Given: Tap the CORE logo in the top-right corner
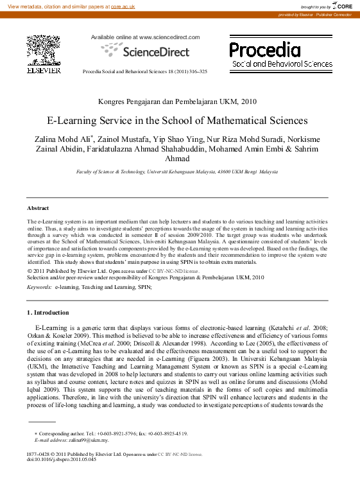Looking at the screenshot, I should tap(343, 6).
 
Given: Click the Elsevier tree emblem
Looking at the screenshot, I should tap(43, 49).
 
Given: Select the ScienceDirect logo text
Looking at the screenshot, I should tap(146, 51).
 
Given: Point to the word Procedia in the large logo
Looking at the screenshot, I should tap(264, 49).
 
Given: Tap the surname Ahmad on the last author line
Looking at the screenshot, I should tap(178, 159).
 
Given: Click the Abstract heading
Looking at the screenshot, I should tap(38, 208).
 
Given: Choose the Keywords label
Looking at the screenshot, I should tap(39, 288).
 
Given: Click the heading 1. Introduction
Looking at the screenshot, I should tap(47, 312).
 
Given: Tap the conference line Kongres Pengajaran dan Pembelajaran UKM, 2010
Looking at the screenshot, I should tap(177, 102).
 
